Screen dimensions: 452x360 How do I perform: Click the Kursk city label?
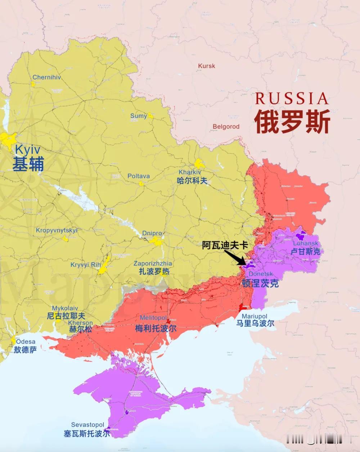207,66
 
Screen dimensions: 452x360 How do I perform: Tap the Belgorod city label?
226,126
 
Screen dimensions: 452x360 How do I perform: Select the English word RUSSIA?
292,98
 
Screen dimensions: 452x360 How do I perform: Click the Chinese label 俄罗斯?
292,121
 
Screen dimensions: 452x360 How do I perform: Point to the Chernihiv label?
46,77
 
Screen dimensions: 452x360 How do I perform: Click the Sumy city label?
138,116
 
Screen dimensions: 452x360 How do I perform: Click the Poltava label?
139,176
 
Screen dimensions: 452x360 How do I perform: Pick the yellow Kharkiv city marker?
199,164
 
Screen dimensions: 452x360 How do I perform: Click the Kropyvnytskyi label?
57,230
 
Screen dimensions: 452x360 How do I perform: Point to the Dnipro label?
152,233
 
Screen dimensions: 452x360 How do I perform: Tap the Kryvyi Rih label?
86,265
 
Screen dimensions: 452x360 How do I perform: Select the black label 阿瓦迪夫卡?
225,245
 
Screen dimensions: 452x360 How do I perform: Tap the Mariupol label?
255,316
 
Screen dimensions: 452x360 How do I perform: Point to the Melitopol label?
153,318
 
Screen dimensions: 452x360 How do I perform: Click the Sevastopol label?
87,425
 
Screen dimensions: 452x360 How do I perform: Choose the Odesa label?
26,342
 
